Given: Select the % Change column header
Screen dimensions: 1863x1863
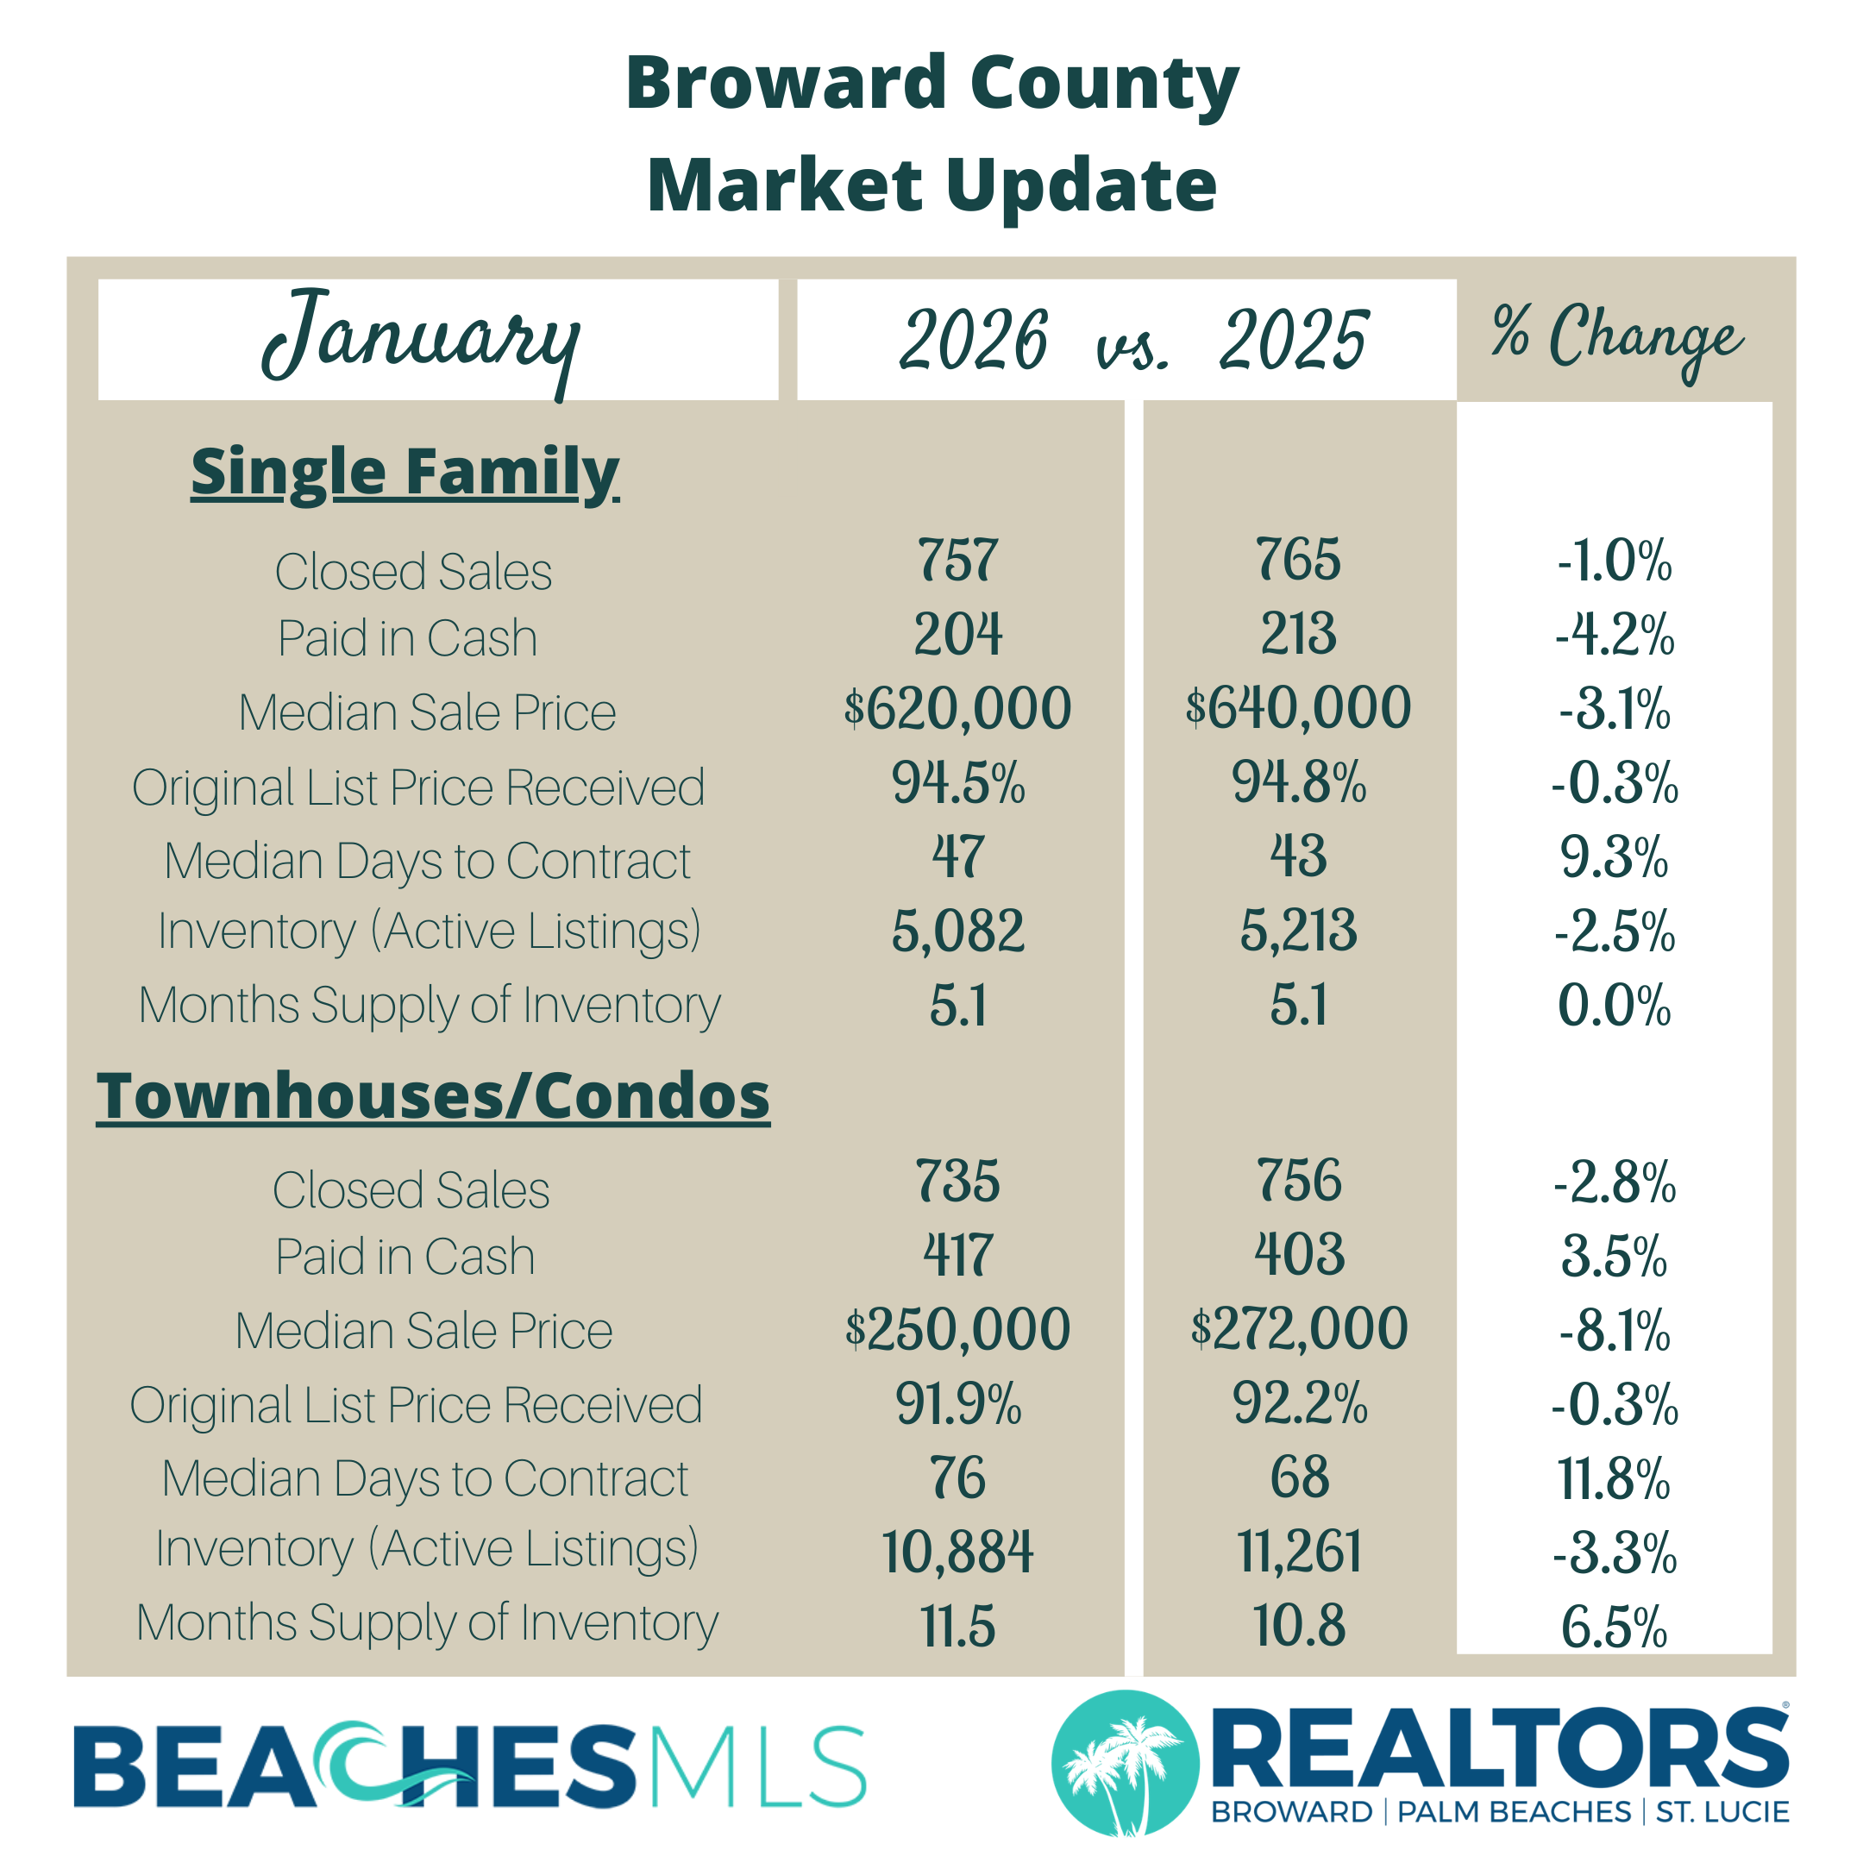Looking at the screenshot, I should pyautogui.click(x=1616, y=336).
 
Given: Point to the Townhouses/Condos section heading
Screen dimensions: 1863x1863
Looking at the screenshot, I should pyautogui.click(x=433, y=1096).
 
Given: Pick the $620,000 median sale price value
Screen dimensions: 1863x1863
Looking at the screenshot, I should pyautogui.click(x=957, y=709).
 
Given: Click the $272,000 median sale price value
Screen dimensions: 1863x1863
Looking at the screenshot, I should pyautogui.click(x=1299, y=1329).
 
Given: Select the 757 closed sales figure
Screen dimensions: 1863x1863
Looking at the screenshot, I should pyautogui.click(x=957, y=561).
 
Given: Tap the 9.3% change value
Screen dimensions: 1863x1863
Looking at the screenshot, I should pyautogui.click(x=1615, y=857).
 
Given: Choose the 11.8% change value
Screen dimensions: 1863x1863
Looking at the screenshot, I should pyautogui.click(x=1615, y=1478).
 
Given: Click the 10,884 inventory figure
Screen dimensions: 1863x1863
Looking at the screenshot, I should pyautogui.click(x=957, y=1552).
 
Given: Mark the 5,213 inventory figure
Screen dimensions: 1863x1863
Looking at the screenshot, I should pyautogui.click(x=1299, y=931).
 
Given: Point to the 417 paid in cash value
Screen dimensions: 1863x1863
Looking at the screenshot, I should pyautogui.click(x=957, y=1255).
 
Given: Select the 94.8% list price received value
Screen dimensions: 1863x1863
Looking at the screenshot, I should pyautogui.click(x=1299, y=782).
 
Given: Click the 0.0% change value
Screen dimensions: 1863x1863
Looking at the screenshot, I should pyautogui.click(x=1615, y=1006).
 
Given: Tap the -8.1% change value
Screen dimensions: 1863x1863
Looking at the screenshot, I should pyautogui.click(x=1615, y=1331).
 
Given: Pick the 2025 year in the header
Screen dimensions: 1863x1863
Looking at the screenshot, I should pyautogui.click(x=1293, y=341).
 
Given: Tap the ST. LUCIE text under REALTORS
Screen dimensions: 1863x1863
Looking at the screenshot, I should pyautogui.click(x=1722, y=1812).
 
